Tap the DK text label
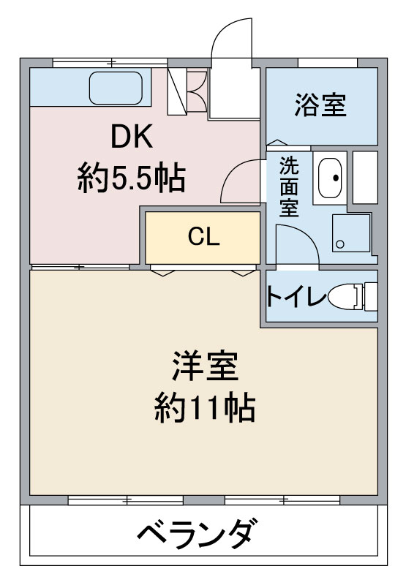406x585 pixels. (x=132, y=137)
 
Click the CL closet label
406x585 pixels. (x=204, y=236)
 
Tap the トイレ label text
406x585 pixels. (x=294, y=297)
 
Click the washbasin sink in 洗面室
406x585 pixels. (x=330, y=178)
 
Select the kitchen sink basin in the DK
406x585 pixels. (x=116, y=88)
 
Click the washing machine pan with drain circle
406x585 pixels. (x=352, y=233)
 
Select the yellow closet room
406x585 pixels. (x=203, y=238)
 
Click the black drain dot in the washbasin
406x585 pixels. (x=336, y=178)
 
